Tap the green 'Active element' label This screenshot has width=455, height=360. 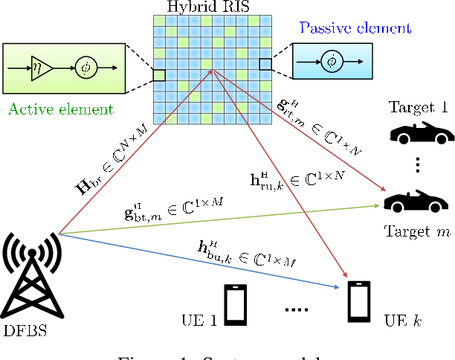click(61, 109)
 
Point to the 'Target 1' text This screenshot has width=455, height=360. click(419, 106)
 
